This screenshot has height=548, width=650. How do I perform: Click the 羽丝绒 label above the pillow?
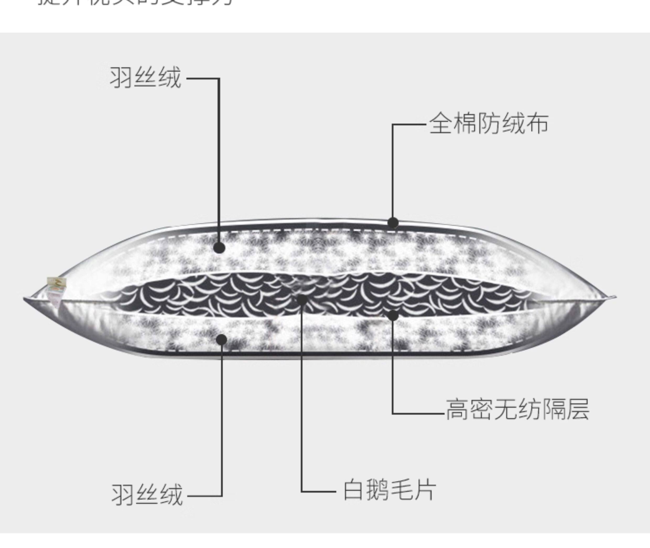(x=145, y=78)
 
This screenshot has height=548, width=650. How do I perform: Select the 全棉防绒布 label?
(x=489, y=123)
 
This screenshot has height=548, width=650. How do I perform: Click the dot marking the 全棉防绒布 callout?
(x=393, y=223)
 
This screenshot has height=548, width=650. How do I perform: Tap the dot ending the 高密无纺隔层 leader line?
(x=393, y=316)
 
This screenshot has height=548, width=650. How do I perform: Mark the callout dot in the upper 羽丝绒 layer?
(x=219, y=248)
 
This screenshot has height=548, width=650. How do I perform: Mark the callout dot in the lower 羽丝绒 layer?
(x=221, y=339)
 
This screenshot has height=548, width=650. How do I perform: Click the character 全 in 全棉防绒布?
(x=441, y=123)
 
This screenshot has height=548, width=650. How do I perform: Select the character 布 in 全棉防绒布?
(x=537, y=123)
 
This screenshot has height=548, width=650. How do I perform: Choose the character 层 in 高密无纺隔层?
(x=577, y=409)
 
